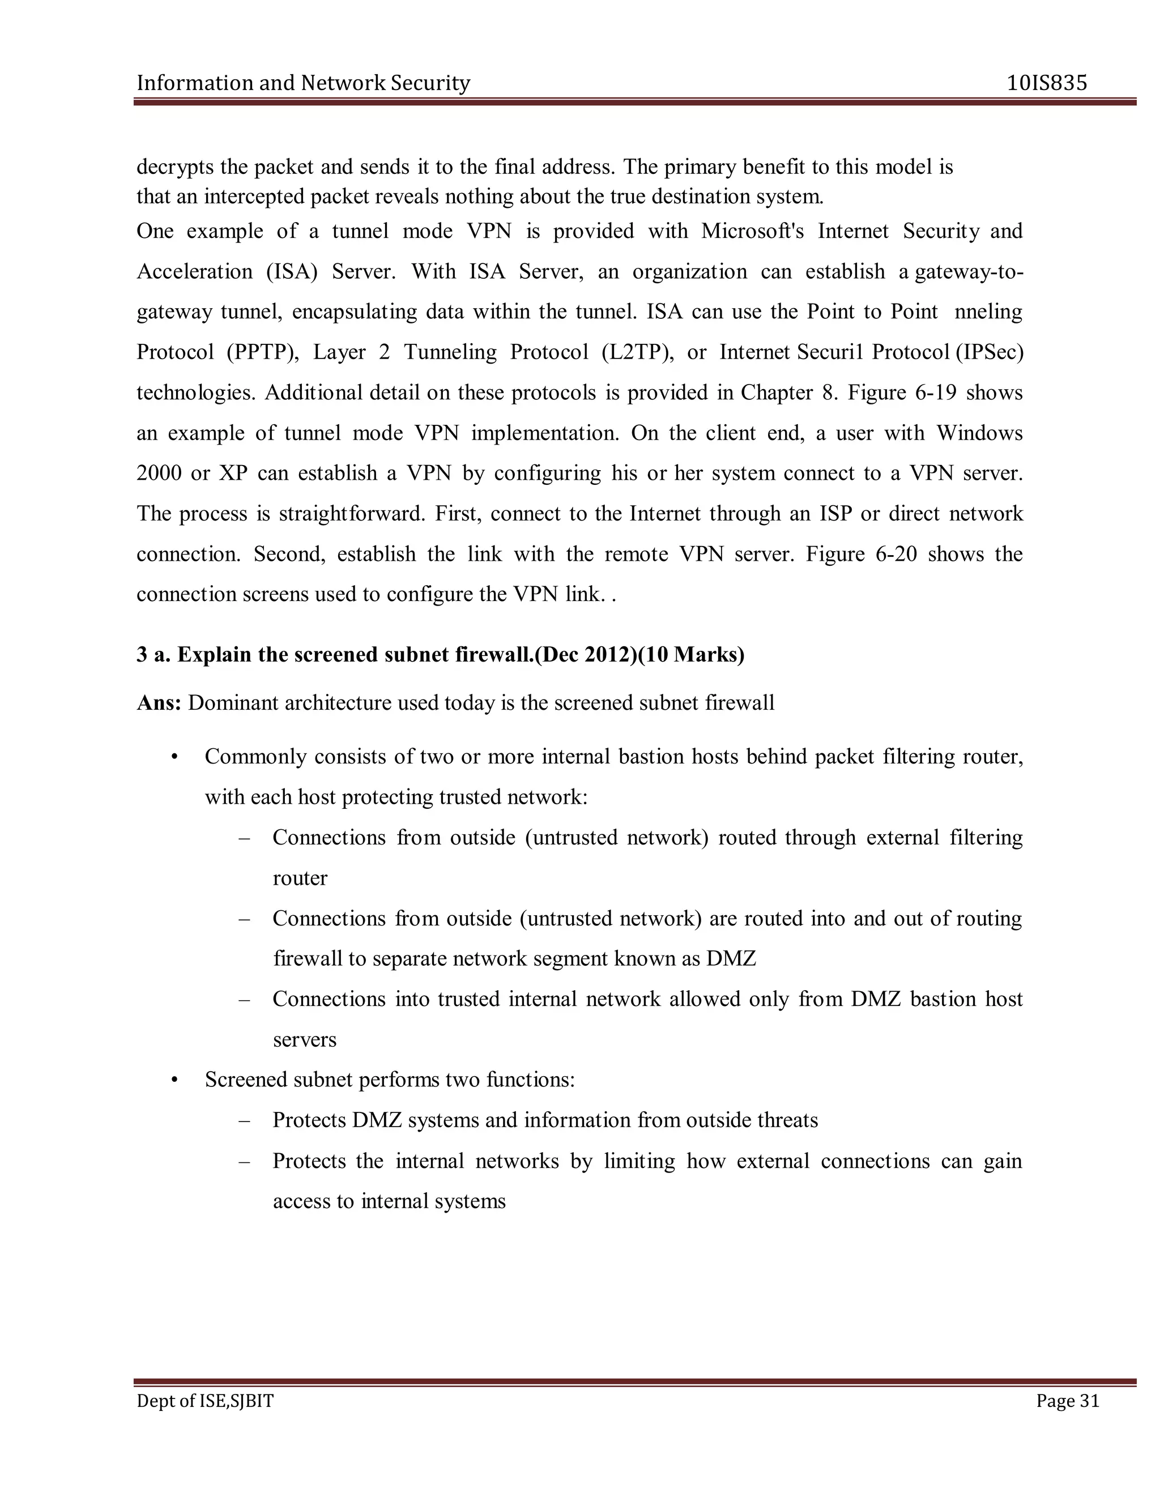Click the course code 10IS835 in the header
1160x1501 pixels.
1047,83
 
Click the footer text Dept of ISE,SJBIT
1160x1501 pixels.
205,1401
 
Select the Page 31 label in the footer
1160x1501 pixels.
1067,1401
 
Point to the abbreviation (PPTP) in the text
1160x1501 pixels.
262,352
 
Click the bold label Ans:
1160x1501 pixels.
159,703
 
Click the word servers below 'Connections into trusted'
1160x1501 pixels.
304,1040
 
